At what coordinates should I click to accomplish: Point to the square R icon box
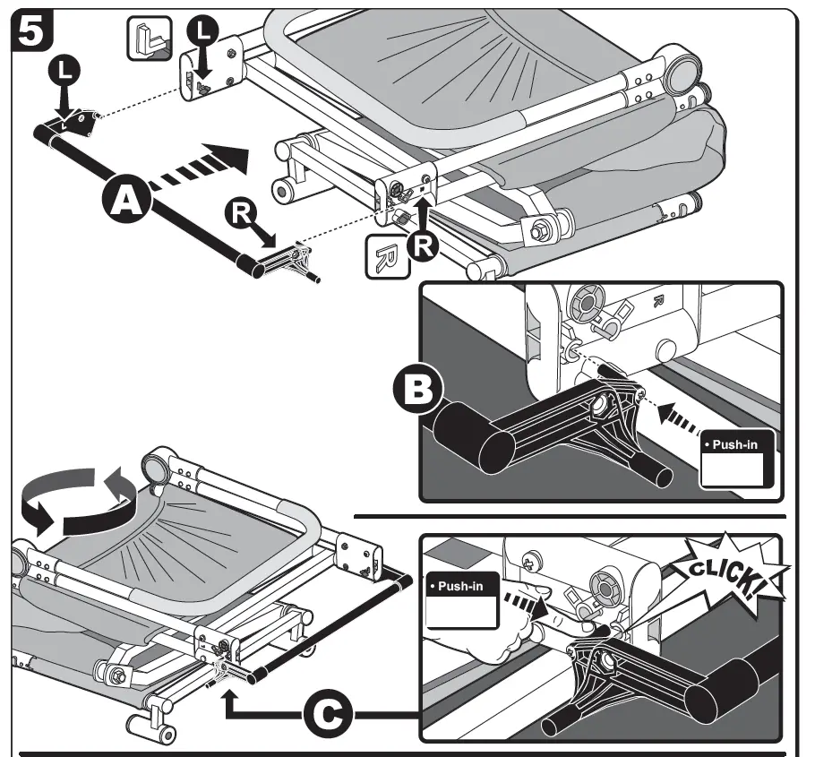coord(384,255)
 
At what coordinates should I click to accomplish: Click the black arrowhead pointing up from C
coord(231,694)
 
